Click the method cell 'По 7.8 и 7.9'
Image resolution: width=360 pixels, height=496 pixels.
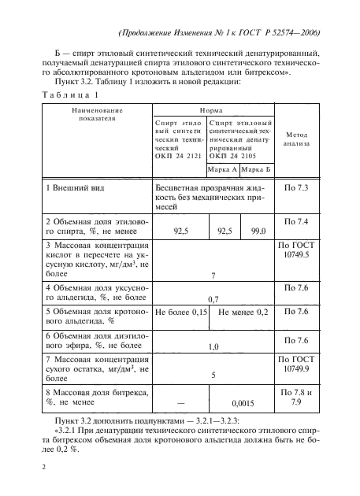coord(296,397)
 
